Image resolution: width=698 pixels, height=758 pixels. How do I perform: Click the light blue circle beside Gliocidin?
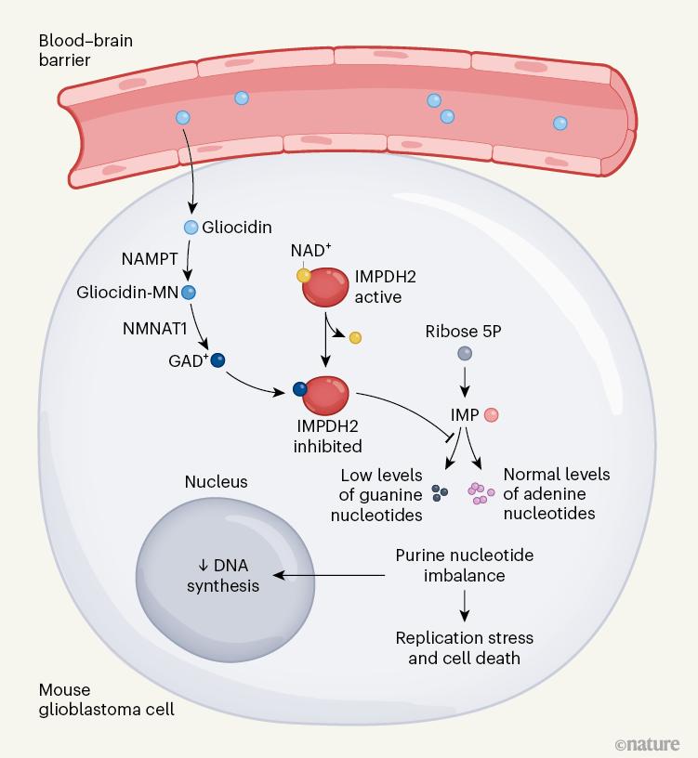pyautogui.click(x=191, y=227)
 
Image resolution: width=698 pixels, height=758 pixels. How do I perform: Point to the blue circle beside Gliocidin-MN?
pyautogui.click(x=189, y=293)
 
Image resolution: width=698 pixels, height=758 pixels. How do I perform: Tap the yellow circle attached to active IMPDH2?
pyautogui.click(x=303, y=275)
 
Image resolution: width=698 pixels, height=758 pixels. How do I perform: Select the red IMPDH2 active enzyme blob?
pyautogui.click(x=325, y=286)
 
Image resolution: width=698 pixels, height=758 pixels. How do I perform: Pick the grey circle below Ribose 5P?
pyautogui.click(x=464, y=354)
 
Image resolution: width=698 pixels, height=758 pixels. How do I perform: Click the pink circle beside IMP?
pyautogui.click(x=492, y=415)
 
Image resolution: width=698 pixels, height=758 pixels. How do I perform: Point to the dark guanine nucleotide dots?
pyautogui.click(x=441, y=494)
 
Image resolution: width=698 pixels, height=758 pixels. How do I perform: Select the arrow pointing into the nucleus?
pyautogui.click(x=330, y=577)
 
